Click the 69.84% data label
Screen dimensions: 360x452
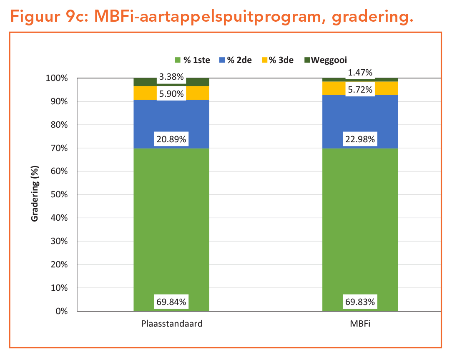[x=171, y=301]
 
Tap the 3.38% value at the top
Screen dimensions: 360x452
[x=171, y=76]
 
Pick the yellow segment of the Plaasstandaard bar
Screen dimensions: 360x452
[x=142, y=93]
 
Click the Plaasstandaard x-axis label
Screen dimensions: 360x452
[x=171, y=323]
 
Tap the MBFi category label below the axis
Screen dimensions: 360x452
[x=360, y=323]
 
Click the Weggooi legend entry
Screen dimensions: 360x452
[x=325, y=60]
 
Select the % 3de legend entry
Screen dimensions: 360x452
[x=277, y=60]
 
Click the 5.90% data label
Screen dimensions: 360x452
[x=171, y=93]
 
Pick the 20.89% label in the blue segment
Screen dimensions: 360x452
[x=171, y=139]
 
